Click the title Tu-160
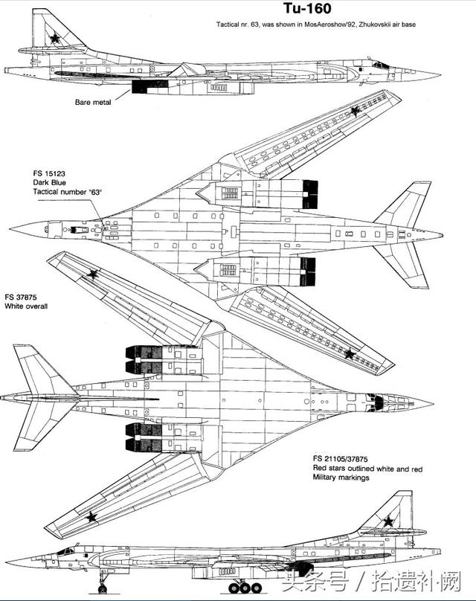pyautogui.click(x=307, y=8)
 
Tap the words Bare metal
pyautogui.click(x=93, y=103)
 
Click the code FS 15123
pyautogui.click(x=49, y=173)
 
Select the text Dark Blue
pyautogui.click(x=49, y=183)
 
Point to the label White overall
pyautogui.click(x=26, y=306)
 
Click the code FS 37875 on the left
pyautogui.click(x=21, y=297)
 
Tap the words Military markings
pyautogui.click(x=341, y=478)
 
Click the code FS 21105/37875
pyautogui.click(x=341, y=459)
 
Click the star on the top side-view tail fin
pyautogui.click(x=55, y=38)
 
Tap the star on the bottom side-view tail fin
pyautogui.click(x=389, y=521)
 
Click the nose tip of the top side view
pyautogui.click(x=440, y=73)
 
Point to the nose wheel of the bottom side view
pyautogui.click(x=103, y=589)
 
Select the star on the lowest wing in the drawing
pyautogui.click(x=91, y=517)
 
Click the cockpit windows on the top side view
pyautogui.click(x=381, y=65)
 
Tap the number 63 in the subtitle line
pyautogui.click(x=254, y=25)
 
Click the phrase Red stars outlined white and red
pyautogui.click(x=367, y=469)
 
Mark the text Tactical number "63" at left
pyautogui.click(x=68, y=192)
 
